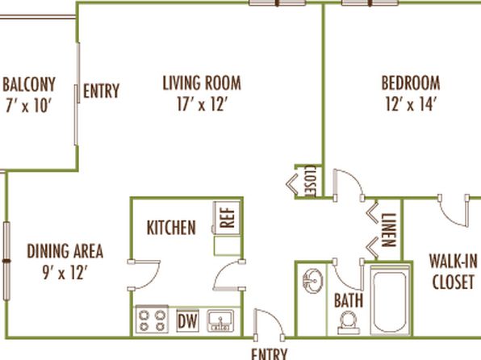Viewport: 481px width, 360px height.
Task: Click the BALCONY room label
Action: [29, 85]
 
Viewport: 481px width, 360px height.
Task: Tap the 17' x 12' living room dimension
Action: [202, 104]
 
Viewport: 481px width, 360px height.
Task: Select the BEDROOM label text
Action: [411, 83]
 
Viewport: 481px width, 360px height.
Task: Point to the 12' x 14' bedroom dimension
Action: [411, 104]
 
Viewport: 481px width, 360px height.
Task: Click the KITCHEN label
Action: [171, 228]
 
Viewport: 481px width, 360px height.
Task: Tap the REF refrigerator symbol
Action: [227, 218]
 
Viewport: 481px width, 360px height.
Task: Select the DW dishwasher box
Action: [187, 321]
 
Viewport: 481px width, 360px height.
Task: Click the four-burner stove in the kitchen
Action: [152, 320]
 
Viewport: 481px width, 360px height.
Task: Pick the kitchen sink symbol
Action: [220, 321]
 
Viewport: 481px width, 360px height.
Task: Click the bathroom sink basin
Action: [312, 281]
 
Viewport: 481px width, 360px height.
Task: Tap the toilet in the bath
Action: [349, 323]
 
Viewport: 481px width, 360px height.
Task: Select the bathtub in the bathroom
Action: [390, 300]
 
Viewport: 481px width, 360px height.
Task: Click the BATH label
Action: [349, 300]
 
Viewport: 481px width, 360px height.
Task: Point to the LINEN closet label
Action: [389, 230]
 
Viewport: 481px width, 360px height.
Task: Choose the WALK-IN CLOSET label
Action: [454, 271]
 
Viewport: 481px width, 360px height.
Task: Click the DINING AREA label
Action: [65, 251]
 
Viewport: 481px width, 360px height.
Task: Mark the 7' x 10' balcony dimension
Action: [27, 106]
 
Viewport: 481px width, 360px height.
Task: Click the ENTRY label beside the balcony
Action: [101, 91]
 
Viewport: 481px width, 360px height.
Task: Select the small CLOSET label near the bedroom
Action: [311, 181]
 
